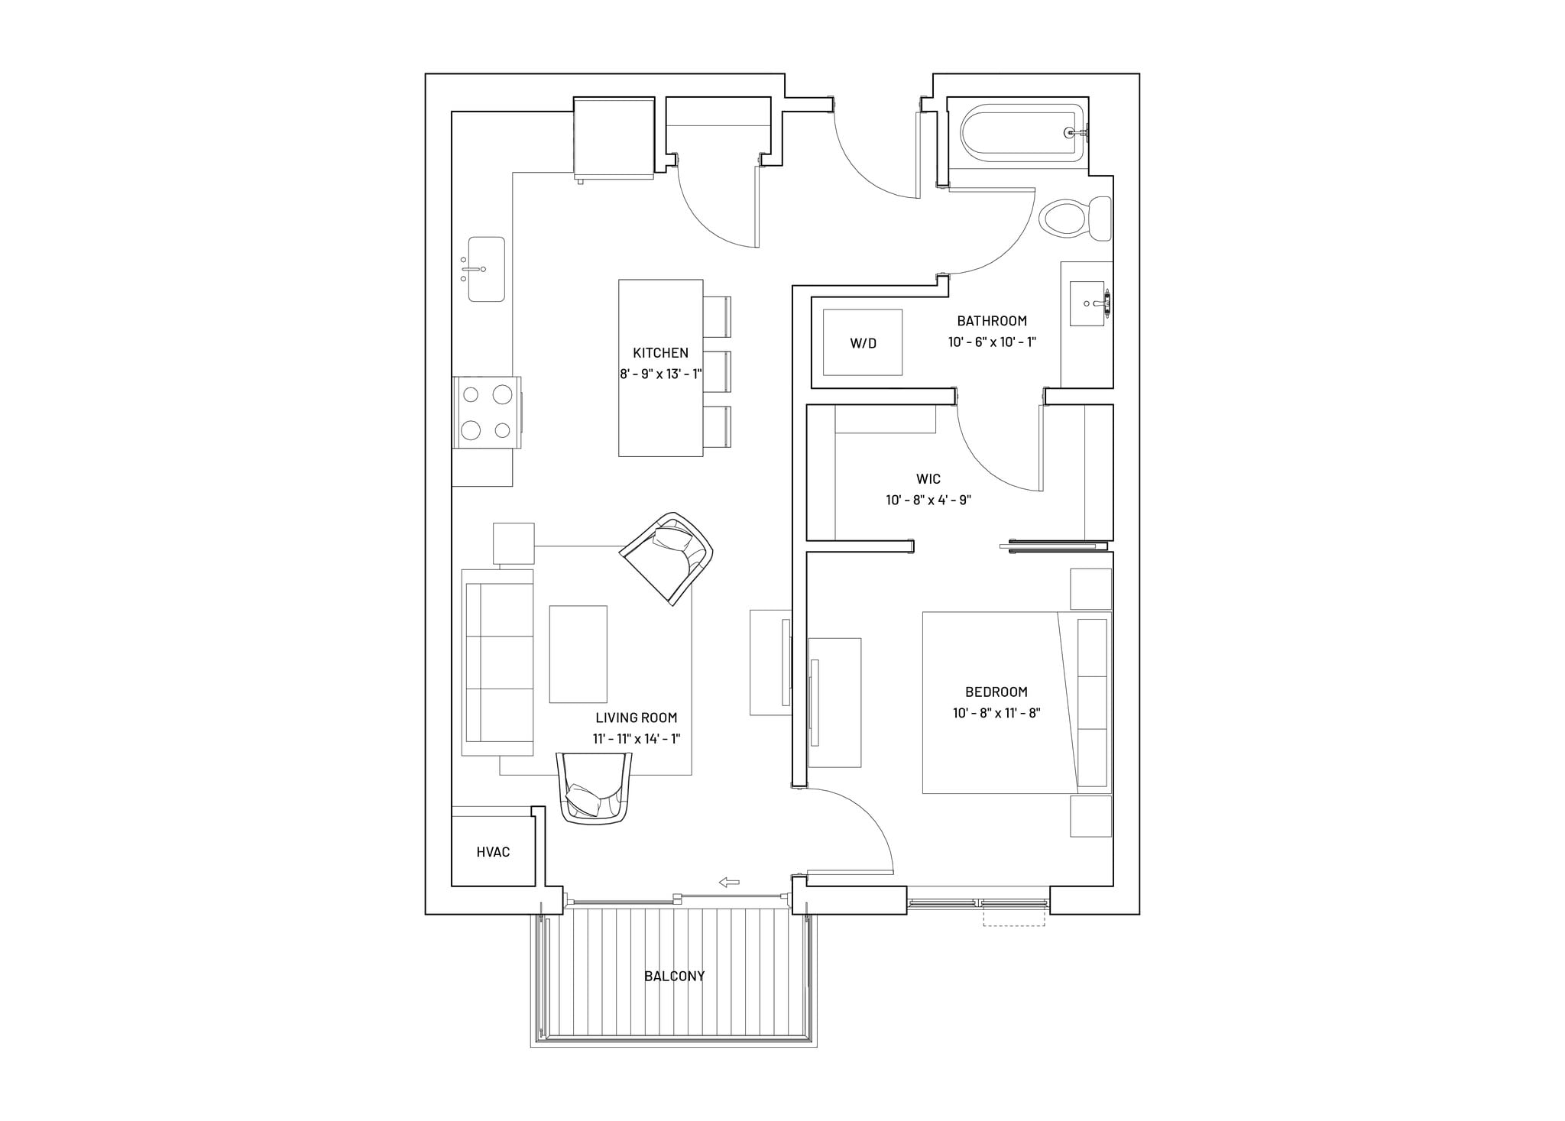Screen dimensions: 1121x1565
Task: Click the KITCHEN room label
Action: coord(660,352)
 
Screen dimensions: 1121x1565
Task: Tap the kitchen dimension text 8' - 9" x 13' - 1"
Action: coord(660,374)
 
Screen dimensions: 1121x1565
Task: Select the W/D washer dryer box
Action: coord(862,342)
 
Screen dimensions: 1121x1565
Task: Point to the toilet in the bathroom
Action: coord(1074,219)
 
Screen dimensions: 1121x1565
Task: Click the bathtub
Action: coord(1022,133)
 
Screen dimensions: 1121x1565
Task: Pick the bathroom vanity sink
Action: coord(1087,303)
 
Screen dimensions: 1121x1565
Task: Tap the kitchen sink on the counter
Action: coord(486,269)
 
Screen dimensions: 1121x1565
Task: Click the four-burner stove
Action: coord(487,413)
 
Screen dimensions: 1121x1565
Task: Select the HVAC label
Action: coord(493,851)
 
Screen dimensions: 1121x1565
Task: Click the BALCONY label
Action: coord(674,976)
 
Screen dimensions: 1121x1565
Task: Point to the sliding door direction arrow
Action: coord(729,883)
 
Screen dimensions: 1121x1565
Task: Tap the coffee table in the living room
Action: coord(578,654)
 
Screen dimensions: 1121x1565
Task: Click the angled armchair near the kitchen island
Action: coord(669,558)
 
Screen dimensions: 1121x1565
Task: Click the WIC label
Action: coord(928,478)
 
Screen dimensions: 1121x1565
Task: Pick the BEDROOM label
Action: coord(996,692)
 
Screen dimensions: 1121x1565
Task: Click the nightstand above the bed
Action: coord(1090,588)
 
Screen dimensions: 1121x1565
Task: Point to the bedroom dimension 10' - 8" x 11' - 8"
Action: coord(996,713)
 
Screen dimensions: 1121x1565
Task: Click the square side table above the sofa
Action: coord(514,543)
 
